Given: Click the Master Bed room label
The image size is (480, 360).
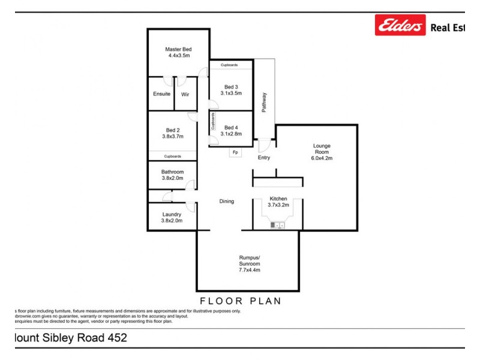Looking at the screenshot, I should [178, 49].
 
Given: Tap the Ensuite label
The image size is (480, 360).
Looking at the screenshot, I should [162, 94].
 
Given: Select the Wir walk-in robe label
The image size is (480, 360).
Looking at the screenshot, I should [185, 94].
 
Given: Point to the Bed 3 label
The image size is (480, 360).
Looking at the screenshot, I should [231, 86].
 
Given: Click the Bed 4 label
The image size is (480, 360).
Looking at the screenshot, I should [231, 127].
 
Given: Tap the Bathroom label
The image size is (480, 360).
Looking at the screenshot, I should [172, 172].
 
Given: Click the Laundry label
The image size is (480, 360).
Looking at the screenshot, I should [172, 214].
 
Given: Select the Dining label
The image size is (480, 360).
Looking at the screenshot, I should [226, 202].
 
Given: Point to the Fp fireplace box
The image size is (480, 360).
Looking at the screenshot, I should [235, 152].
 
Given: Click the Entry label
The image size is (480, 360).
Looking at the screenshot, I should [264, 158].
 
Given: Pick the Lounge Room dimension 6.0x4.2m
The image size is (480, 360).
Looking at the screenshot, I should [322, 158].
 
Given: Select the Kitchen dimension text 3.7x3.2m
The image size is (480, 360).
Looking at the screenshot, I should [278, 205].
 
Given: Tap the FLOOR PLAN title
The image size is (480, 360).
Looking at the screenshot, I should [241, 301].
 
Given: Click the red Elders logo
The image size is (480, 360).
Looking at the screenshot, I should [400, 25].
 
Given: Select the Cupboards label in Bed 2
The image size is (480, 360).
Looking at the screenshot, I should [172, 156].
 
